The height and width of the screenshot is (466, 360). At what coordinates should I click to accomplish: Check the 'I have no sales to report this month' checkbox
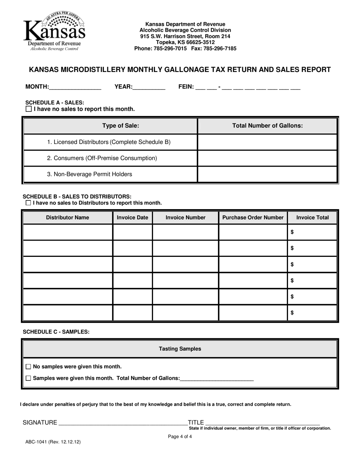pyautogui.click(x=29, y=109)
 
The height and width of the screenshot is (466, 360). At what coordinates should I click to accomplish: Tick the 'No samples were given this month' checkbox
pyautogui.click(x=29, y=367)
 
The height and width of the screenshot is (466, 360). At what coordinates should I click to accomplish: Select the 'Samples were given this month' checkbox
pyautogui.click(x=29, y=378)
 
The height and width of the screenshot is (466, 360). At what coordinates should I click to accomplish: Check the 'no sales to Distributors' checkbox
pyautogui.click(x=28, y=203)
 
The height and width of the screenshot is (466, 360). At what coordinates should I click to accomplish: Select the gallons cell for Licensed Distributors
pyautogui.click(x=268, y=142)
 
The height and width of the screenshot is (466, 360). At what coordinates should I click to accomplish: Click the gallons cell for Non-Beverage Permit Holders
pyautogui.click(x=268, y=174)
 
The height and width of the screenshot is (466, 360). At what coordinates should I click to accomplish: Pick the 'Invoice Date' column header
pyautogui.click(x=133, y=217)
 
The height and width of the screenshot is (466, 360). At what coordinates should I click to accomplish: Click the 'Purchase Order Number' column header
pyautogui.click(x=253, y=217)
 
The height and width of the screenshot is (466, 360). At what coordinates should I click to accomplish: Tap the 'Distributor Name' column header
pyautogui.click(x=67, y=217)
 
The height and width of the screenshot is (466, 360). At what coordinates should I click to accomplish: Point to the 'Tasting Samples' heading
pyautogui.click(x=180, y=349)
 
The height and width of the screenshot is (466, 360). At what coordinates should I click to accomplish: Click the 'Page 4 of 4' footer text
pyautogui.click(x=180, y=436)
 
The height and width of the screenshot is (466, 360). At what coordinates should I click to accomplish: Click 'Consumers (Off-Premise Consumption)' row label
pyautogui.click(x=102, y=158)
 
